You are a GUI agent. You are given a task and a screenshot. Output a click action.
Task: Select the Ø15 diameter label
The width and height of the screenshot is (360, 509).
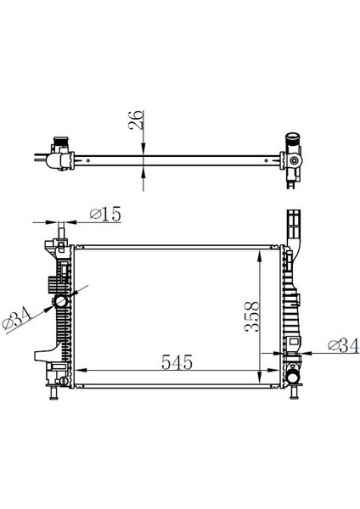click(104, 215)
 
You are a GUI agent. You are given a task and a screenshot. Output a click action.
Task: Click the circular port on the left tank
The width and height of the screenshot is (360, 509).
click(60, 302)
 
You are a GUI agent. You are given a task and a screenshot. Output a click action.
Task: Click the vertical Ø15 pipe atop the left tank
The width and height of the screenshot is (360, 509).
click(61, 230)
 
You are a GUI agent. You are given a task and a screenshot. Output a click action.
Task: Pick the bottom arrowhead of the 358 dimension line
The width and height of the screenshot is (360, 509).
click(261, 366)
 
